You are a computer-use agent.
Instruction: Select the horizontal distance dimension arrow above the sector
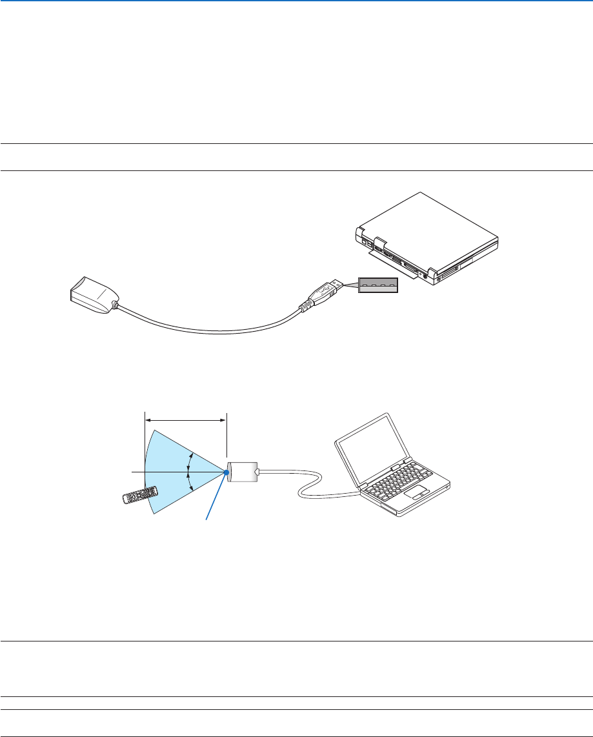coord(186,420)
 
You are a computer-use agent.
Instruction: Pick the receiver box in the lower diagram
coord(243,472)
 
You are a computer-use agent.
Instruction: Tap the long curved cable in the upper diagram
coord(213,328)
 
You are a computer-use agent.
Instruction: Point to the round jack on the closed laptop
coord(424,274)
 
